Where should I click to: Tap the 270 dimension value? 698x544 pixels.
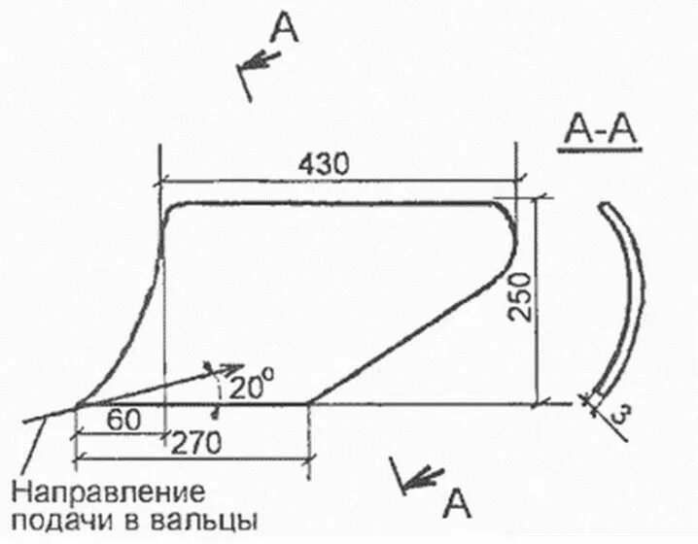pyautogui.click(x=196, y=442)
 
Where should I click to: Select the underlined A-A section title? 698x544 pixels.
pyautogui.click(x=597, y=131)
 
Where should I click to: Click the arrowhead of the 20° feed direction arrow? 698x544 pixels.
pyautogui.click(x=231, y=369)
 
